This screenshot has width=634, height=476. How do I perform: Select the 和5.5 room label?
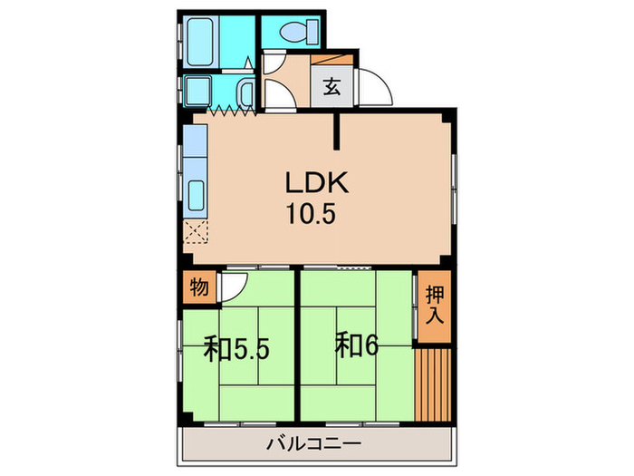coord(236,349)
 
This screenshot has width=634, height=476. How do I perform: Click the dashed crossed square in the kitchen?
coord(196,232)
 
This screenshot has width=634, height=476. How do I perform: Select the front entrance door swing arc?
coord(375,89)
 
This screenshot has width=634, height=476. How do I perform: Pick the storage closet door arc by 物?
coord(232,287)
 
